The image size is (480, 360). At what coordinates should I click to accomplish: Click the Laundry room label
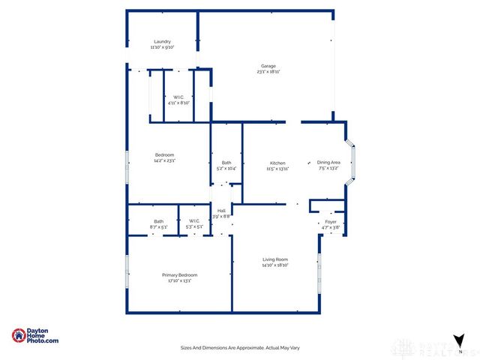point(162,41)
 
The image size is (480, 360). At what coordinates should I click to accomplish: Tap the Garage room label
point(269,65)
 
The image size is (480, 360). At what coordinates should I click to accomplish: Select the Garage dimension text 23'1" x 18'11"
point(269,72)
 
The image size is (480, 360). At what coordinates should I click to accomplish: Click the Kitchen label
point(277,163)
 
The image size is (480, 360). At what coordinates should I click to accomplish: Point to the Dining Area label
point(328,162)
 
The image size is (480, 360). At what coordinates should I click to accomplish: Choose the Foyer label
point(331,222)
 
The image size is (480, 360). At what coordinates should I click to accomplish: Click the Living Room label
point(275,259)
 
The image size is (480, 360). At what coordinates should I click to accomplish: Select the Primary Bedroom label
point(180,275)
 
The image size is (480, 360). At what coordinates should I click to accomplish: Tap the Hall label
point(221,211)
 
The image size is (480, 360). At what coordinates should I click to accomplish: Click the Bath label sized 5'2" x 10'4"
point(226,163)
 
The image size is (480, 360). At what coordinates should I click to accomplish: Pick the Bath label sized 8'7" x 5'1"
point(159,221)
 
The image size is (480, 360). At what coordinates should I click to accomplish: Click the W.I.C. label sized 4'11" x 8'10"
point(178,97)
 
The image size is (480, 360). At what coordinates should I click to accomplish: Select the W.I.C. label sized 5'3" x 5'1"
point(193,221)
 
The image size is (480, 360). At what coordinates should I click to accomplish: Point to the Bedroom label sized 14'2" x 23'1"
point(164,154)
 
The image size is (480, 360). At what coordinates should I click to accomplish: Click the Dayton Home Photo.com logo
point(35,337)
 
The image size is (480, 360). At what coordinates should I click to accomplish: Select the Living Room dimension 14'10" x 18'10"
point(275,265)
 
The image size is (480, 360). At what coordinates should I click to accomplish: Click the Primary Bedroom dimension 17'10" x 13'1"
point(180,281)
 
